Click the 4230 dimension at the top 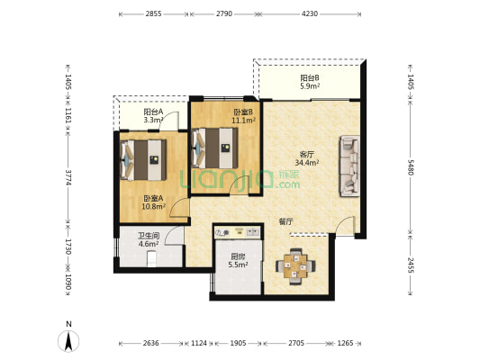click(310, 13)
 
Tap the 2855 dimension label click(153, 13)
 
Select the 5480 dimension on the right click(410, 167)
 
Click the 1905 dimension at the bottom click(238, 343)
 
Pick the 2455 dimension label click(410, 265)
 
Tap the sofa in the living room click(349, 166)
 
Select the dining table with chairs click(295, 266)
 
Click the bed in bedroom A click(143, 160)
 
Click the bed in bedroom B click(215, 148)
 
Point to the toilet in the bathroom click(151, 259)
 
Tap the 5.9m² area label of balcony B click(310, 86)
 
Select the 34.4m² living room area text click(307, 163)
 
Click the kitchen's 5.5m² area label click(238, 265)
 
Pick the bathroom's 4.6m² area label click(149, 244)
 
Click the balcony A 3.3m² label click(153, 120)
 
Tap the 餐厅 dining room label click(286, 221)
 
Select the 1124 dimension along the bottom click(199, 343)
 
